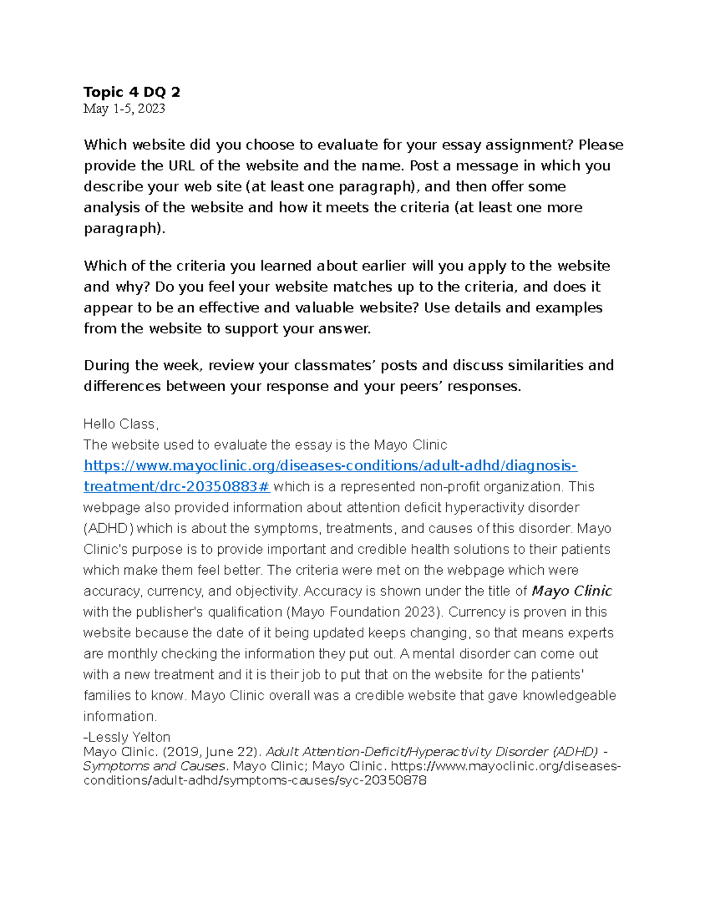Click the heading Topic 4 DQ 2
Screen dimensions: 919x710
[x=132, y=92]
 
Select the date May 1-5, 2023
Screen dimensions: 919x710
[x=124, y=109]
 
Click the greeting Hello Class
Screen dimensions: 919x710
[x=121, y=424]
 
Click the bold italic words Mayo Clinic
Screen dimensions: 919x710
[x=572, y=591]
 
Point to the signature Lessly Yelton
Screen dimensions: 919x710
[x=128, y=737]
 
